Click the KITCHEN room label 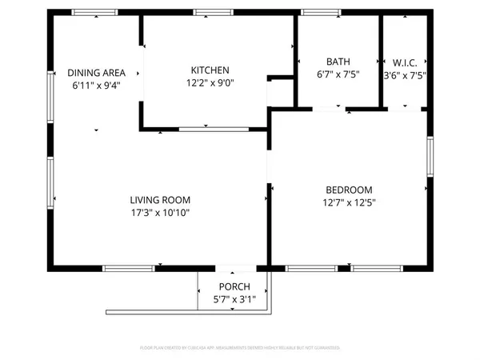click(210, 70)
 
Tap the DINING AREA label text click(96, 72)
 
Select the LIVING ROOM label click(160, 200)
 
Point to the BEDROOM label click(350, 190)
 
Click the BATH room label click(338, 62)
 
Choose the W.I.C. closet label click(405, 62)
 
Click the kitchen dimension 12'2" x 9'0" click(210, 82)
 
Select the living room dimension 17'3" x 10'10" click(160, 213)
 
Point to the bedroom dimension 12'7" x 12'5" click(350, 202)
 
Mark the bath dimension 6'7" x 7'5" click(338, 74)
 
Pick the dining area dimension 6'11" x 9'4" click(96, 85)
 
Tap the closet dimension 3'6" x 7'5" click(405, 74)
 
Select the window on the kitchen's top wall click(208, 13)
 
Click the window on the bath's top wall click(314, 13)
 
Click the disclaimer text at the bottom click(240, 348)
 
